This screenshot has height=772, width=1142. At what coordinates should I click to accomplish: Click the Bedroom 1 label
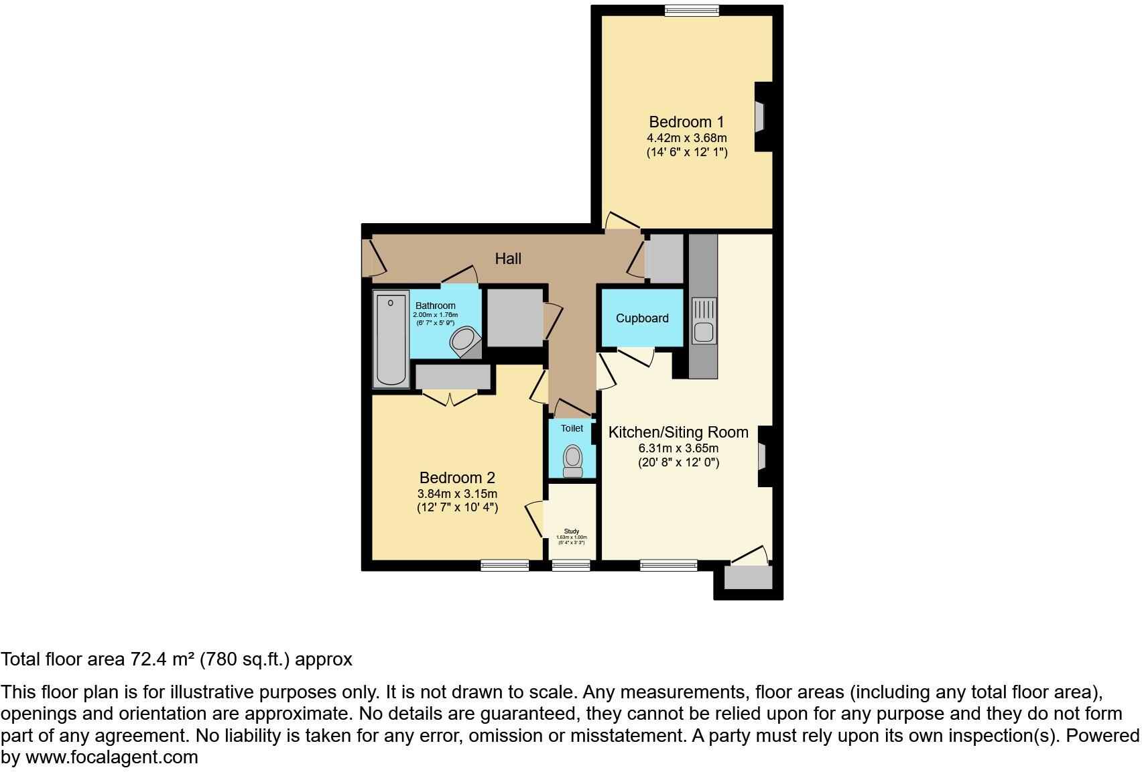tap(686, 122)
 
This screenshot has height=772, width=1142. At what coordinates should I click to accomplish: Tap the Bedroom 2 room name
tap(457, 478)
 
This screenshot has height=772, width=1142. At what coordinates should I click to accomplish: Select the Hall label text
tap(508, 259)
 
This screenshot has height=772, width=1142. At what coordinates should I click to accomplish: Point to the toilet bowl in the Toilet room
tap(572, 458)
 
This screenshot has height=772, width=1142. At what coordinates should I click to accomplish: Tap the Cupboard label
tap(642, 318)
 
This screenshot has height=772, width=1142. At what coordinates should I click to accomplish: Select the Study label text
tap(571, 531)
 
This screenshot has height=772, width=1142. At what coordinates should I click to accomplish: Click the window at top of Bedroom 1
tap(692, 10)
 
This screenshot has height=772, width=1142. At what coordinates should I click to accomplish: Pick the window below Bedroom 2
tap(505, 566)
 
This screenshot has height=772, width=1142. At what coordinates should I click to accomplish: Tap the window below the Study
tap(571, 566)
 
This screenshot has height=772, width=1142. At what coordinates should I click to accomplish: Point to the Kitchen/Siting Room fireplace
tap(763, 457)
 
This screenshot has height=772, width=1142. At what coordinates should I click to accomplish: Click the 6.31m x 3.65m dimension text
tap(678, 448)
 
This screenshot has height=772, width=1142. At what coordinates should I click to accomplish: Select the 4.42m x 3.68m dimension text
tap(686, 138)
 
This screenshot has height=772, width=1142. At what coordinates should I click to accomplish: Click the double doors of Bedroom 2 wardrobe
tap(450, 399)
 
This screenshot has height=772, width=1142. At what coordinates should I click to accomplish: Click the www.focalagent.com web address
tap(112, 757)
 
